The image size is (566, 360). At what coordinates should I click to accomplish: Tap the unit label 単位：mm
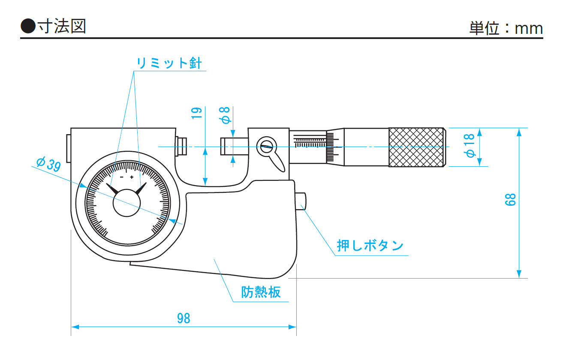[x=506, y=28]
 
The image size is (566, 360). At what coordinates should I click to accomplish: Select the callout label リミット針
[x=169, y=63]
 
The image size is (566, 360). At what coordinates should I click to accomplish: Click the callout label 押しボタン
[x=370, y=246]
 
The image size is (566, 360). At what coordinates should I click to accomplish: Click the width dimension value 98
[x=184, y=318]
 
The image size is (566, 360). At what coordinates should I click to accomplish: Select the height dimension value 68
[x=510, y=199]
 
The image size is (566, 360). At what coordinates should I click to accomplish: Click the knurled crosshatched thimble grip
[x=416, y=147]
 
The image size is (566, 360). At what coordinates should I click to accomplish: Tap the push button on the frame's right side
[x=301, y=201]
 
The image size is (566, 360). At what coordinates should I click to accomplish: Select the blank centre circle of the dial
[x=126, y=202]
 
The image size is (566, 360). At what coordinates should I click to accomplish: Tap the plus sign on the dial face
[x=132, y=177]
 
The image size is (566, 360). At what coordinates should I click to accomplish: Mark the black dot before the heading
[x=28, y=27]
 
